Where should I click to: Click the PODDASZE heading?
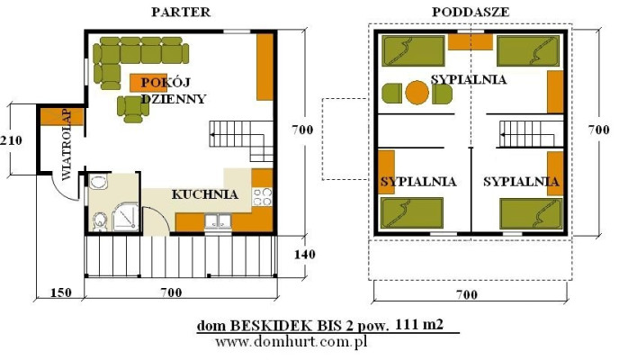(x=471, y=12)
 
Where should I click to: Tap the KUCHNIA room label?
(x=205, y=193)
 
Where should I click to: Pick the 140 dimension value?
(x=306, y=255)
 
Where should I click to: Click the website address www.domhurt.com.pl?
(x=291, y=343)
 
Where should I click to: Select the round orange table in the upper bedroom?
(x=417, y=92)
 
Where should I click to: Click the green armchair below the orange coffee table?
(x=133, y=108)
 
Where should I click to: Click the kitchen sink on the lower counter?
(x=216, y=220)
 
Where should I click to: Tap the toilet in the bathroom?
(x=100, y=220)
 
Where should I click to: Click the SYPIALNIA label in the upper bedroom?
(x=469, y=79)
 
